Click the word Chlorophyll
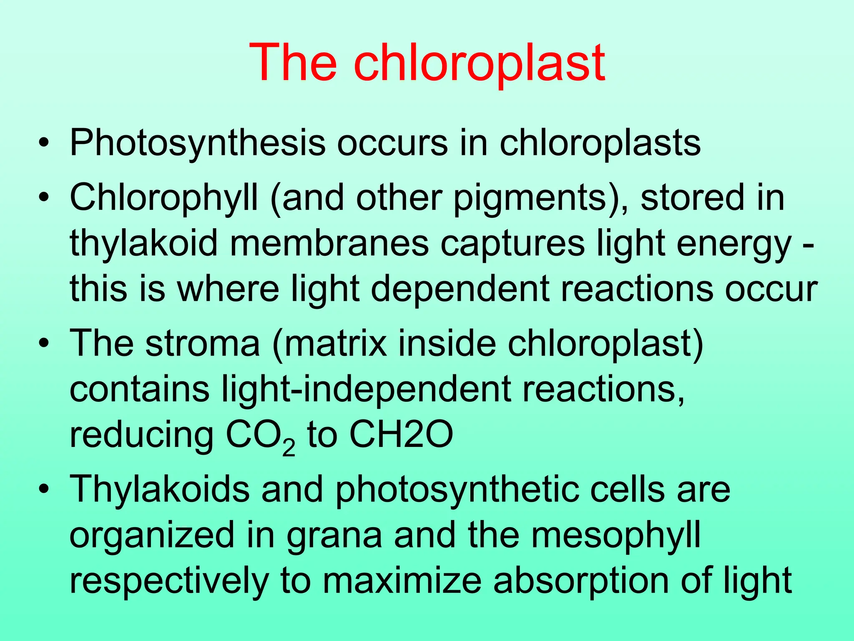(163, 198)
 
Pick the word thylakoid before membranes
(144, 244)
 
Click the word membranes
(329, 244)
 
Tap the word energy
(734, 244)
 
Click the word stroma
(203, 343)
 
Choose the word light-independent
(367, 389)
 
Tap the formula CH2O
(401, 435)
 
